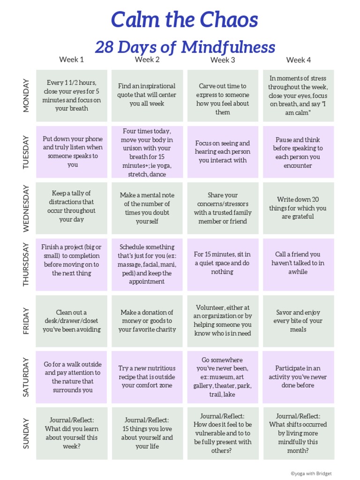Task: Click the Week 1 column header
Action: coord(71,60)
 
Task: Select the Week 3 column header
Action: coord(223,60)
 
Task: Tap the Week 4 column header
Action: coord(298,60)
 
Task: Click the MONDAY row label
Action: coord(26,96)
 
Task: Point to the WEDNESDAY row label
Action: coord(26,208)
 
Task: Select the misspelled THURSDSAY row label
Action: coord(26,264)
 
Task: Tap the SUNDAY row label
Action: coord(26,433)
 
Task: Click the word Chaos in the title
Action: coord(229,20)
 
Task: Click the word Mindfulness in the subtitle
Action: coord(228,47)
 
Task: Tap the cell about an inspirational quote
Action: coord(147,95)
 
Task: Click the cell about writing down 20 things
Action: coord(298,208)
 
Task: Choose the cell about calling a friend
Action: coord(298,263)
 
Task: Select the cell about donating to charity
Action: coord(147,321)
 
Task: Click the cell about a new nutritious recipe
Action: coord(147,377)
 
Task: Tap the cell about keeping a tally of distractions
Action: coord(71,206)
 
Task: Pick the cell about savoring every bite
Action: coord(298,321)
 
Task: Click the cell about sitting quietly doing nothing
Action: coord(223,263)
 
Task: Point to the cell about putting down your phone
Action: coord(71,152)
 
